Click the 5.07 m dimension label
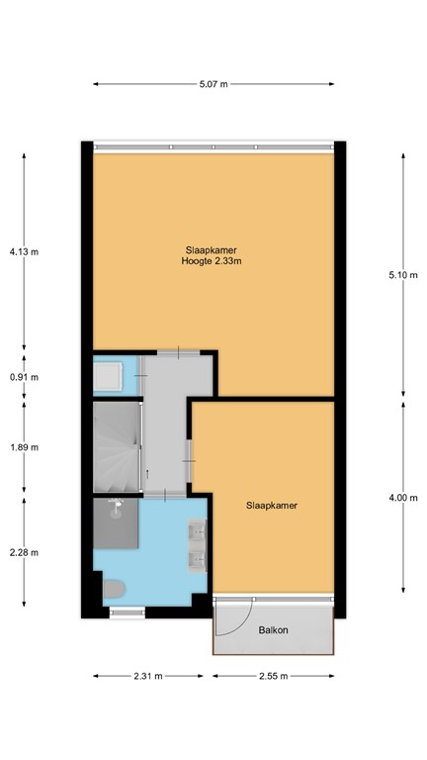tap(213, 84)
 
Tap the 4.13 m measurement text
tap(24, 251)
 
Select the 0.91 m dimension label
tap(24, 376)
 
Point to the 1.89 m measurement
tap(24, 446)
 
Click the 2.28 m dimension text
tap(24, 552)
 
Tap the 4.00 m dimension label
tap(403, 498)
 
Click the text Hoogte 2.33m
tap(213, 261)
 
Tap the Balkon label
tap(273, 629)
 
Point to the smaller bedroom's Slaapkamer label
tap(272, 505)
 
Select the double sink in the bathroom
tap(197, 547)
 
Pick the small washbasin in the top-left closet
tap(108, 376)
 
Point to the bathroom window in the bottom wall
tap(125, 613)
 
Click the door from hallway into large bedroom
tap(178, 352)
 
